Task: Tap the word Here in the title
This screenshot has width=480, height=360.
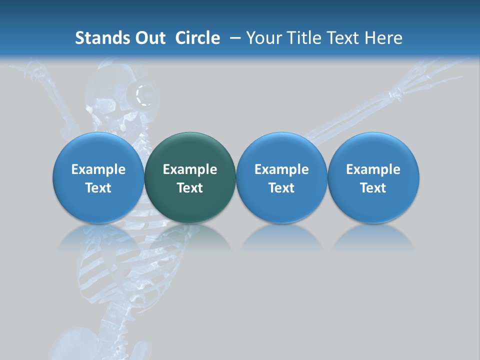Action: pyautogui.click(x=383, y=38)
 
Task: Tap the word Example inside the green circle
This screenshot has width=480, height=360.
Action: pyautogui.click(x=190, y=169)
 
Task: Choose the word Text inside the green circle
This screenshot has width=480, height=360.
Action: pyautogui.click(x=190, y=188)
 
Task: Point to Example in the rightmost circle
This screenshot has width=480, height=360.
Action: pyautogui.click(x=373, y=169)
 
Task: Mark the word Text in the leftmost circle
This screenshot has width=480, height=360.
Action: pyautogui.click(x=98, y=188)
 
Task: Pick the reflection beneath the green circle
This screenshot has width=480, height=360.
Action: pyautogui.click(x=190, y=237)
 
